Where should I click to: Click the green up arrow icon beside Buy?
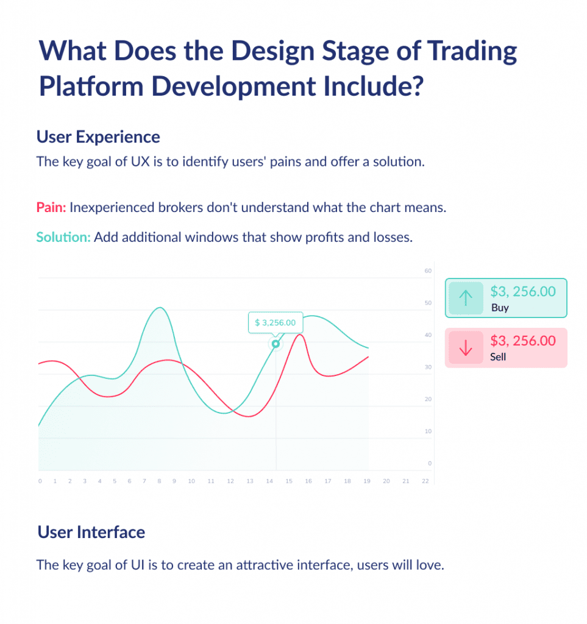[466, 297]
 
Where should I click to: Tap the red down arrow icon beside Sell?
[466, 347]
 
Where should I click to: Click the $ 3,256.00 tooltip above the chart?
[275, 322]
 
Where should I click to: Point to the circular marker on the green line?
[276, 344]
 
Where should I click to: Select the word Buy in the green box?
[500, 308]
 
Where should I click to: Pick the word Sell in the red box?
[498, 356]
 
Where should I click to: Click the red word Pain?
[51, 207]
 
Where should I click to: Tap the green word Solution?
[63, 237]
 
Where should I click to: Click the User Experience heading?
[98, 136]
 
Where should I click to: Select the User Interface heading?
[91, 532]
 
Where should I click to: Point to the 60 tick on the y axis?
[428, 271]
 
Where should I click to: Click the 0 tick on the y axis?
[430, 464]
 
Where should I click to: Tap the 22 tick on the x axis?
[425, 481]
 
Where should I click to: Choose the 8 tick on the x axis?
[159, 481]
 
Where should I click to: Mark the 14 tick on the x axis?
[269, 481]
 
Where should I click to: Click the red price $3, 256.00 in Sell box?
[523, 340]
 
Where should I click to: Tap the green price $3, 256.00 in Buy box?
[523, 291]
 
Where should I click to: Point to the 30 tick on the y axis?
[428, 367]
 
